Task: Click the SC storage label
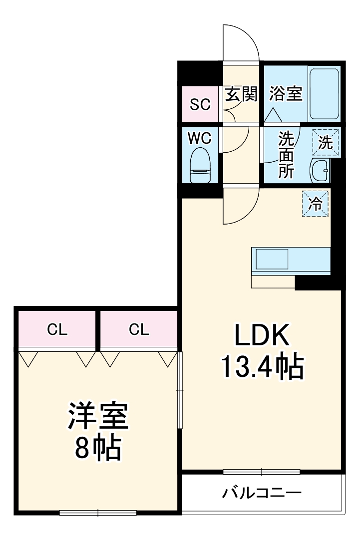point(200,105)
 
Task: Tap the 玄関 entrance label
point(242,94)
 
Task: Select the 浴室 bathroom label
point(286,94)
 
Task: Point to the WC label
point(200,138)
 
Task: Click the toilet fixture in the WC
point(201,166)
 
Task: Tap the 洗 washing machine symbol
point(326,143)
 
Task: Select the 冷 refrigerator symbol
point(316,203)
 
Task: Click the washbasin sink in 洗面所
point(320,172)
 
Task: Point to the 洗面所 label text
point(286,154)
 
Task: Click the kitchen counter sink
point(272,260)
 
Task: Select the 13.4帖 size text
point(262,368)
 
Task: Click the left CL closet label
point(57,329)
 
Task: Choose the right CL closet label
point(139,329)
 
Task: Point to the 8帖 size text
point(98,449)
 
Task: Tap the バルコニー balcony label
point(262,494)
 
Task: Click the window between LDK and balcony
point(262,472)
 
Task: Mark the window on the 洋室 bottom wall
point(98,512)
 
